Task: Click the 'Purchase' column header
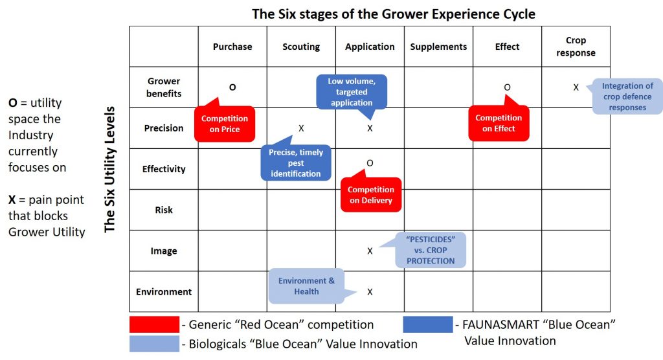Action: (x=232, y=47)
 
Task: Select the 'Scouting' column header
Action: (x=301, y=47)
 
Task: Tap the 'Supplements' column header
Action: (x=438, y=47)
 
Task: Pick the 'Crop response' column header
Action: (x=576, y=47)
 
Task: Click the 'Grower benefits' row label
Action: (x=164, y=87)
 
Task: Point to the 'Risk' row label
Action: (x=164, y=210)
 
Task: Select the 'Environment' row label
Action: (x=164, y=292)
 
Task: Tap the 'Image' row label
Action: (x=164, y=251)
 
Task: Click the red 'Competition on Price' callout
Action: (x=225, y=124)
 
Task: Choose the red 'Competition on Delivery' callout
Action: (x=371, y=195)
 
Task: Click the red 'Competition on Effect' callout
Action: (x=499, y=123)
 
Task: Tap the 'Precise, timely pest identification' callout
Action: (x=296, y=163)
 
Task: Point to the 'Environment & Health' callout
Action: (x=306, y=286)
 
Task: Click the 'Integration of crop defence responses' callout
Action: (x=627, y=96)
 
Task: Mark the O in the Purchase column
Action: (x=232, y=87)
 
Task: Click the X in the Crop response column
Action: (x=576, y=87)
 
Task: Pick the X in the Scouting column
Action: (x=301, y=128)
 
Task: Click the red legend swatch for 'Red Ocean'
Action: (x=154, y=324)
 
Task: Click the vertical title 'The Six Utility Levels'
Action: (x=110, y=168)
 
